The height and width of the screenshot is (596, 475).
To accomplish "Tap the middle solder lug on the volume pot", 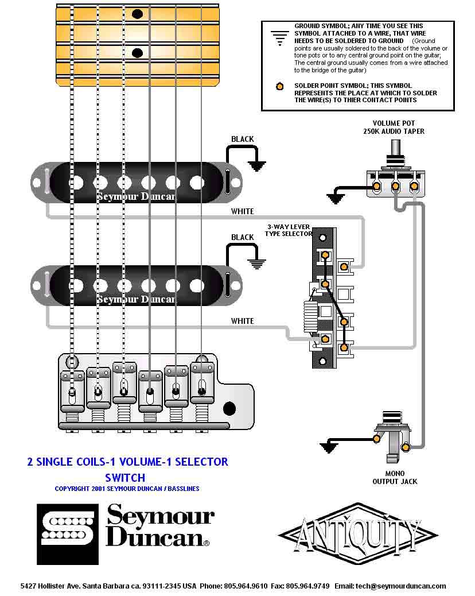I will (x=395, y=186).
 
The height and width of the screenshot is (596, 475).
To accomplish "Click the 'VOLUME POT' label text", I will (x=394, y=123).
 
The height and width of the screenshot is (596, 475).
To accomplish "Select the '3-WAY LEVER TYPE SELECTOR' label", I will (x=288, y=230).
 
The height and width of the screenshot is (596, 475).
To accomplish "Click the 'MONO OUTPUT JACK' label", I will (x=395, y=478).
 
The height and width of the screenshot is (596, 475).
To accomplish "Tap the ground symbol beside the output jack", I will (x=329, y=447).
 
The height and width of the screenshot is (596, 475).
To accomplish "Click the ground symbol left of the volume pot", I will (x=336, y=198).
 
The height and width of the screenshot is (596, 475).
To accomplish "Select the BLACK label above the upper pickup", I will (x=242, y=140).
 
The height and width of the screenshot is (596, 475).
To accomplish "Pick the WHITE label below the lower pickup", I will (x=242, y=321).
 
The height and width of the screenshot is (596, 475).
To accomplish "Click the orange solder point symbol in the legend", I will (x=279, y=87).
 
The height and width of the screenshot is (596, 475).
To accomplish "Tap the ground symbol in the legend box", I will (x=279, y=37).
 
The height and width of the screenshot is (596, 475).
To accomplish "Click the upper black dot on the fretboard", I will (x=137, y=14).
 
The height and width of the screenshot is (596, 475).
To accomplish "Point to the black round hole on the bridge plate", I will (x=229, y=409).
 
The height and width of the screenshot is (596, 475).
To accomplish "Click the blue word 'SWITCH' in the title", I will (x=125, y=477).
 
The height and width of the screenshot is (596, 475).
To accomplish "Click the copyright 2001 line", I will (x=127, y=489).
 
